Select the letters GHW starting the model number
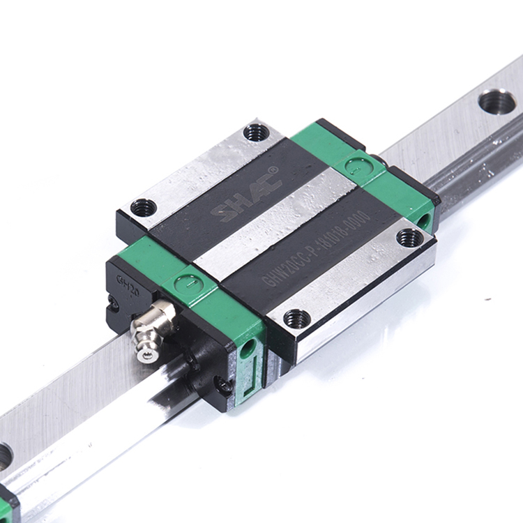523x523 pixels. pos(273,278)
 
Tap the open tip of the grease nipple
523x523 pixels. pos(146,355)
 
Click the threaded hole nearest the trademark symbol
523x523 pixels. pos(256,132)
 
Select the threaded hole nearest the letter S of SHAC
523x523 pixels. pos(144,207)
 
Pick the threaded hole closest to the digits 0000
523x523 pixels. pos(409,237)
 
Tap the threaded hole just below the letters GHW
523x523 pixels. pos(297,319)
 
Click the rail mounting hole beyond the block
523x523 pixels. pos(497,102)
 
